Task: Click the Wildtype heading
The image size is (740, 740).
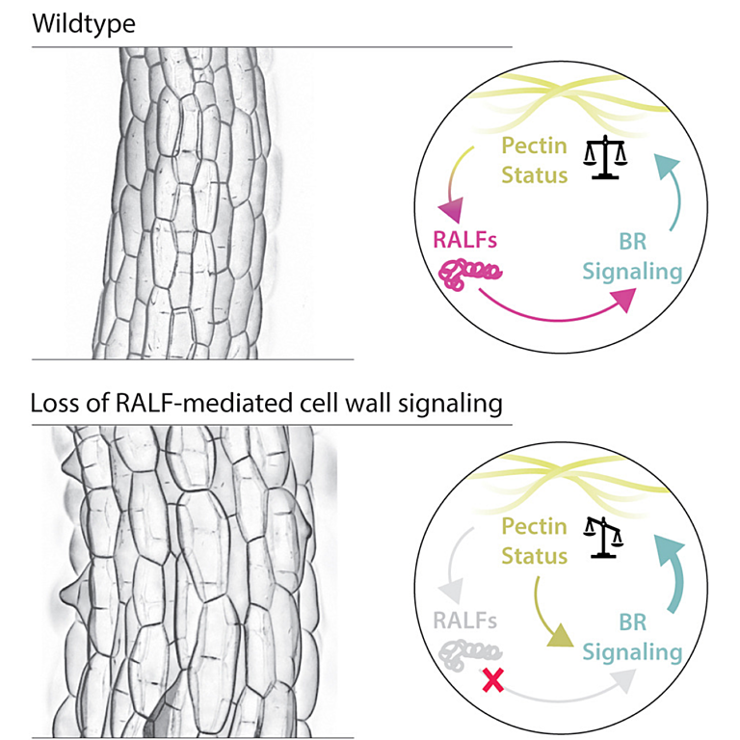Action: tap(84, 23)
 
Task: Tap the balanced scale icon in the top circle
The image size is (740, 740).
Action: tap(605, 158)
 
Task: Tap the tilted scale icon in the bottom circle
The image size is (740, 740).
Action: tap(603, 538)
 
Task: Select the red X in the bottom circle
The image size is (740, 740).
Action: tap(492, 680)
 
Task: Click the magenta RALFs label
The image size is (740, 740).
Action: tap(464, 240)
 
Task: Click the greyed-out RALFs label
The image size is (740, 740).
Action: tap(464, 621)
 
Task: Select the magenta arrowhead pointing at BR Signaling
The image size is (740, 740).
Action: tap(624, 300)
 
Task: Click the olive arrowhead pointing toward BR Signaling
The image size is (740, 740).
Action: tap(560, 636)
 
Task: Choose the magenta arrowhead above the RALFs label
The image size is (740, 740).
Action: tap(451, 210)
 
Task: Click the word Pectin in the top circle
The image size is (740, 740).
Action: tap(534, 145)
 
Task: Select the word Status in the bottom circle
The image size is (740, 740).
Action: tap(534, 556)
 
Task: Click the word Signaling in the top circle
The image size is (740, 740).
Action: tap(632, 273)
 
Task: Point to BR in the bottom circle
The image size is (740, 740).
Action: tap(632, 622)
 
